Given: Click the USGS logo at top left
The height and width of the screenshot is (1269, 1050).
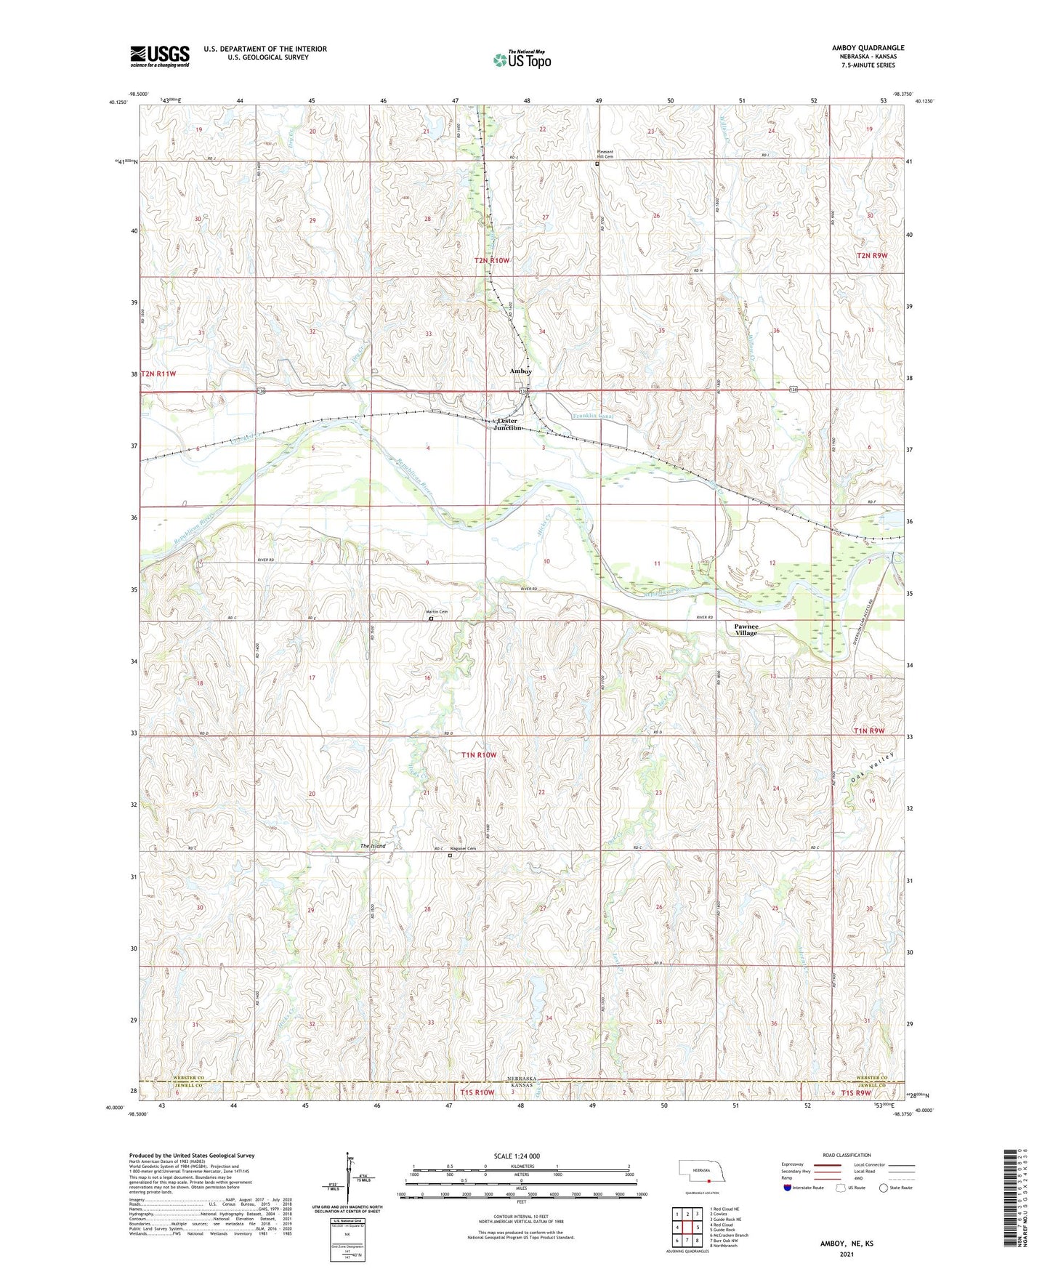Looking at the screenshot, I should [x=159, y=56].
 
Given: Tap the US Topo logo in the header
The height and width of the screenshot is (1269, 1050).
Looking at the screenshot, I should [x=522, y=60].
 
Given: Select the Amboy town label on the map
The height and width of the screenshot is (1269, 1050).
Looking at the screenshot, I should [x=520, y=371].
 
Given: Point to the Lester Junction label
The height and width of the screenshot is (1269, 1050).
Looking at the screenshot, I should [x=507, y=424].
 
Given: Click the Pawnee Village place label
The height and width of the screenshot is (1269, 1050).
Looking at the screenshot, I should [x=746, y=629].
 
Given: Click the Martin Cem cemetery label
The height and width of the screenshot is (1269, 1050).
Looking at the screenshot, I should [x=436, y=612].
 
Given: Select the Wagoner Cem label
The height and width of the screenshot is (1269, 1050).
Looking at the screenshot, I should [x=462, y=849].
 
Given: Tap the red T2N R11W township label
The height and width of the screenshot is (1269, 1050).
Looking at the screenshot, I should [x=158, y=374].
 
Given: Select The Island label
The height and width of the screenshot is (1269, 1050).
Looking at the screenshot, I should [x=373, y=846].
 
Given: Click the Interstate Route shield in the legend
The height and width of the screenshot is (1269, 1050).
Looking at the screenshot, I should [x=788, y=1188].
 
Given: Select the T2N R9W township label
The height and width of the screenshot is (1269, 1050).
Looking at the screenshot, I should [x=872, y=256].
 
